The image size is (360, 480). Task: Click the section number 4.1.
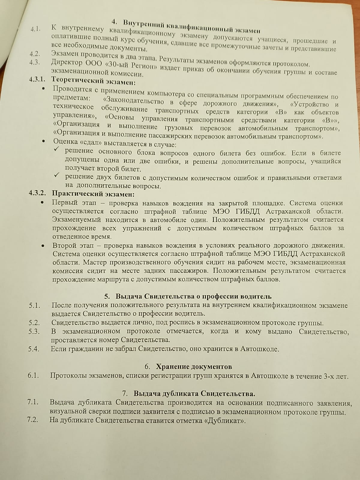(x=35, y=29)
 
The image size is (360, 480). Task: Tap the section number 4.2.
(x=35, y=54)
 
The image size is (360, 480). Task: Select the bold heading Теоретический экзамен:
(x=93, y=81)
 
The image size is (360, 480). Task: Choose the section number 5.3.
(x=34, y=331)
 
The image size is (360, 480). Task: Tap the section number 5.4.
(x=34, y=349)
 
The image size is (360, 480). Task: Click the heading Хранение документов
(x=194, y=367)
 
